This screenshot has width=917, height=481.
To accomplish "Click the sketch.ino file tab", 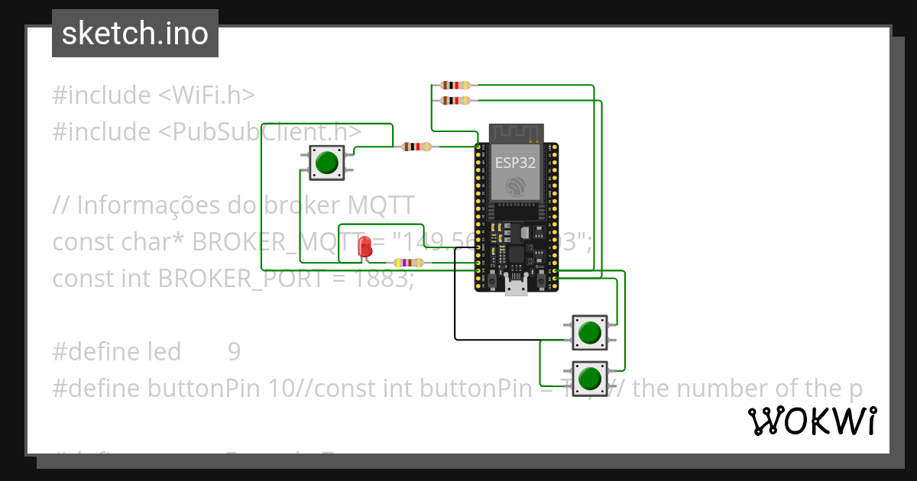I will click(134, 34).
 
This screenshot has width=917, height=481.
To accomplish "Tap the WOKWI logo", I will click(812, 421).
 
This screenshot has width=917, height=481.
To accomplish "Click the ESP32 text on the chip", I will click(515, 162).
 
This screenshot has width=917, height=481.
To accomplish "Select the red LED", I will click(365, 246).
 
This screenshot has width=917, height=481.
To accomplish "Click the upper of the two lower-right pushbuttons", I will click(589, 333).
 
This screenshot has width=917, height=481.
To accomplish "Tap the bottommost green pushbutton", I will click(589, 378).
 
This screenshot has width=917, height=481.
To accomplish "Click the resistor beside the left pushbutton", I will click(416, 147).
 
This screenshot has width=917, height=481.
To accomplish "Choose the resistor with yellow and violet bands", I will click(407, 263).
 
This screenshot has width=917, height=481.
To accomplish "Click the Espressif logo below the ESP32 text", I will click(515, 186).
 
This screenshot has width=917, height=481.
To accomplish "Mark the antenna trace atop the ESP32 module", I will click(515, 132).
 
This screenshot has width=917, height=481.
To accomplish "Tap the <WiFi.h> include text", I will click(206, 95).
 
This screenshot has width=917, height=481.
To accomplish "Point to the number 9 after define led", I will click(234, 352).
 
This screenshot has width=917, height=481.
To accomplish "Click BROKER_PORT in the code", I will click(240, 279).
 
